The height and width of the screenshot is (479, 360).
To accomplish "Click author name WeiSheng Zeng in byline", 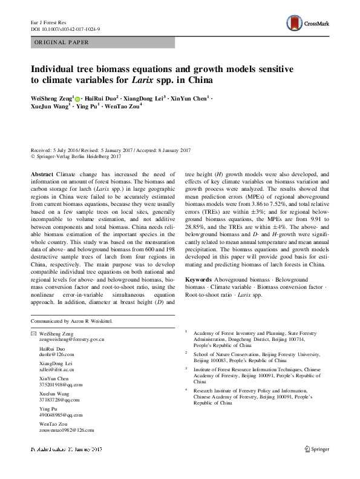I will point(51,97).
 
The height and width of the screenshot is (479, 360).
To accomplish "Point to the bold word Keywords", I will point(198,279).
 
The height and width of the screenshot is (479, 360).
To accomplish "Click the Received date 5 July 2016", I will point(51,150).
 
